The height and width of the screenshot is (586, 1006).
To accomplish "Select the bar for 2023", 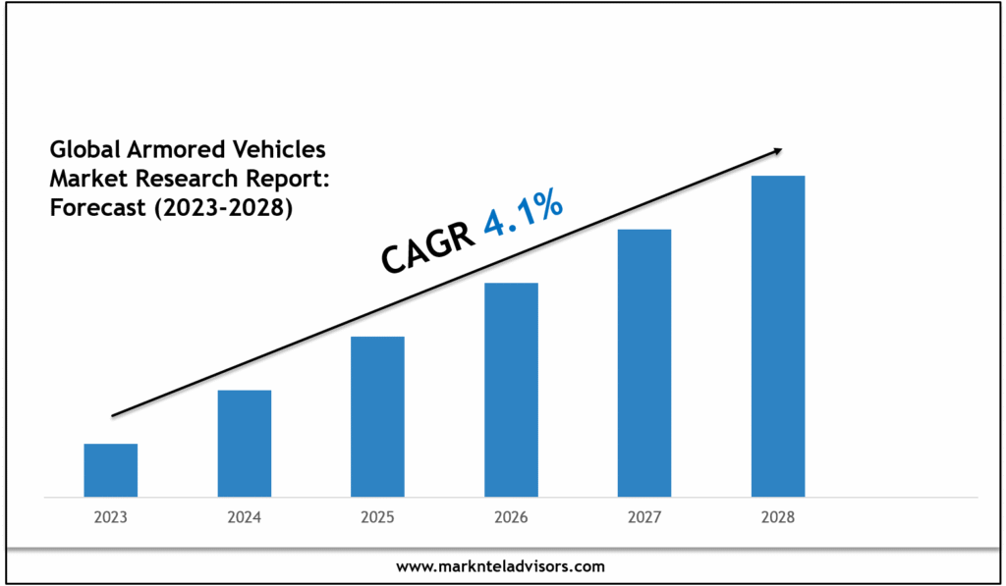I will click(x=110, y=470).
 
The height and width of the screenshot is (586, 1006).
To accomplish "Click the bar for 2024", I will click(x=244, y=443).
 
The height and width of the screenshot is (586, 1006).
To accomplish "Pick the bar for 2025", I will click(x=377, y=416).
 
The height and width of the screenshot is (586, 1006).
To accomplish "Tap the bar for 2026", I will click(x=511, y=390).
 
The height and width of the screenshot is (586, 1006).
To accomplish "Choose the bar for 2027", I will click(x=644, y=362).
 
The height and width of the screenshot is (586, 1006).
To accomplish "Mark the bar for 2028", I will click(x=778, y=336).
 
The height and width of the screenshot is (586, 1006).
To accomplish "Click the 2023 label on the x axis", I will click(x=110, y=517).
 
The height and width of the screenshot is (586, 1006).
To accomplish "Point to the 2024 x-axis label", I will click(x=244, y=517).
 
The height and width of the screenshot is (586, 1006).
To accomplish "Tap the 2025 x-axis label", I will click(x=377, y=517).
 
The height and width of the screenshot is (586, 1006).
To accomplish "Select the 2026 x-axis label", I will click(x=511, y=517).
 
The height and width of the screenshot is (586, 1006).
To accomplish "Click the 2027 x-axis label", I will click(x=644, y=517).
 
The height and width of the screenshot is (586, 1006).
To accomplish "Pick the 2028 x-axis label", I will click(x=778, y=517).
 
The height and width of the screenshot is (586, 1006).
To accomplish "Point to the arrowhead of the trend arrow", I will click(x=777, y=150).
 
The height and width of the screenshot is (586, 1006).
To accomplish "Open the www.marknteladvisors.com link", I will click(x=501, y=566).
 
